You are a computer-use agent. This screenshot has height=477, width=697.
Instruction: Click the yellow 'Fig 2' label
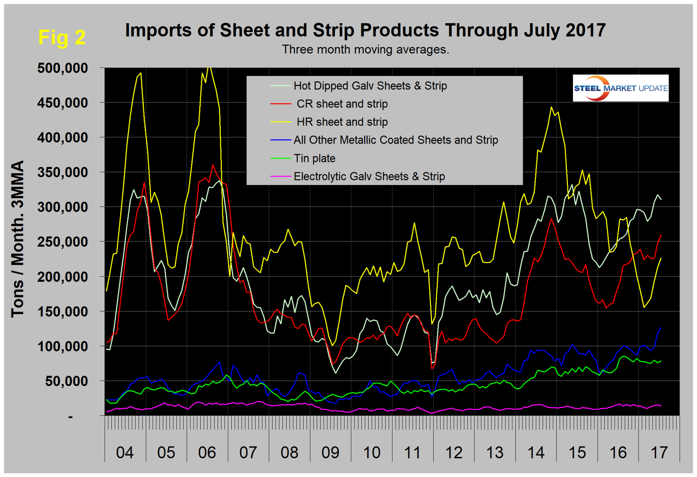tap(62, 37)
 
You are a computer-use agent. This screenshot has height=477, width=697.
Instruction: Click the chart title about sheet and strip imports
tap(365, 30)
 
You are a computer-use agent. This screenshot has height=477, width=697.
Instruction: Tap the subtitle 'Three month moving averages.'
tap(365, 50)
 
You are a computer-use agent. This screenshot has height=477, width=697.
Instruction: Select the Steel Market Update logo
tap(620, 88)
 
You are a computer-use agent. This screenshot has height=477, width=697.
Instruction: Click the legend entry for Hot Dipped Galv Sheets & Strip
tap(370, 86)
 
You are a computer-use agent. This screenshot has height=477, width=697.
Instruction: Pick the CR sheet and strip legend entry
tap(342, 104)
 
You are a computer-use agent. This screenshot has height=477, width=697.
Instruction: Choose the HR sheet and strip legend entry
tap(342, 122)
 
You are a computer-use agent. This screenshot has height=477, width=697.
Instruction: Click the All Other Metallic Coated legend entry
tap(395, 140)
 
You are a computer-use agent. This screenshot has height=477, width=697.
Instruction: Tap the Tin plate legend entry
tap(314, 159)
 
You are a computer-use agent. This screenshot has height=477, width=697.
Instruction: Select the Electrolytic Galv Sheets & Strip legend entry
tap(369, 177)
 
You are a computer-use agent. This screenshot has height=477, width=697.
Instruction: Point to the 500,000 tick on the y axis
tap(62, 68)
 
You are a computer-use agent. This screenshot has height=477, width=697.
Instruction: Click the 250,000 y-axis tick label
tap(62, 242)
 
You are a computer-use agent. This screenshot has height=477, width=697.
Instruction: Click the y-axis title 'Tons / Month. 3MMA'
tap(18, 239)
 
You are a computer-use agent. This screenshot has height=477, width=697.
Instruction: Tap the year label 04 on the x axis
tap(125, 452)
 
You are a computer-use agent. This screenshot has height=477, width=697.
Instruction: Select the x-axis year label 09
tap(330, 452)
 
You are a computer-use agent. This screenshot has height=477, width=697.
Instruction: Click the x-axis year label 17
tap(659, 452)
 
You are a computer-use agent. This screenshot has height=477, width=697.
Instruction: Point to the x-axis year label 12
tap(454, 452)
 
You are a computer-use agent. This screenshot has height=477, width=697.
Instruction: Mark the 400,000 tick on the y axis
tap(62, 138)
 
